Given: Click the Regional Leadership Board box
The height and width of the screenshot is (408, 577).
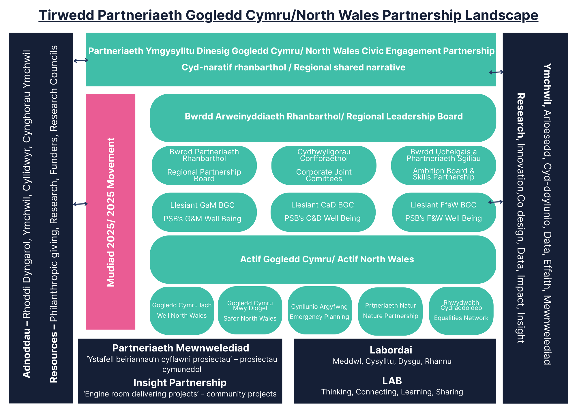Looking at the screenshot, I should [x=323, y=118].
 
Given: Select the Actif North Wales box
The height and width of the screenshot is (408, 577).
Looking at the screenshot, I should [x=323, y=259].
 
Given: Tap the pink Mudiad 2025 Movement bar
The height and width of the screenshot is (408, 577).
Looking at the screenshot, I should [x=110, y=212].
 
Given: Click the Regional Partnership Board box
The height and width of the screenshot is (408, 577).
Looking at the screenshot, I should [x=204, y=165].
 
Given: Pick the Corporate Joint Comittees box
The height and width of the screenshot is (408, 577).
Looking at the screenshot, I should [x=324, y=165].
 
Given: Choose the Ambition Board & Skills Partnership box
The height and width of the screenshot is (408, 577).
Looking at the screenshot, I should [x=443, y=165].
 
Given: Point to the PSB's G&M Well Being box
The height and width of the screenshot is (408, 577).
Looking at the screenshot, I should [x=204, y=212].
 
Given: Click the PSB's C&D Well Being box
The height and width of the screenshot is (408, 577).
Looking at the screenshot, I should [x=323, y=212].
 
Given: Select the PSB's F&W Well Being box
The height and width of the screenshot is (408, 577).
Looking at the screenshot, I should [x=444, y=212].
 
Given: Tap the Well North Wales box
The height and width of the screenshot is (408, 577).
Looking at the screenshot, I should [x=182, y=311].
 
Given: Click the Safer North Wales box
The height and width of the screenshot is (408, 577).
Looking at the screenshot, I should [x=250, y=310].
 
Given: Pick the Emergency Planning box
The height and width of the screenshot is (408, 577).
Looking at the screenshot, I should [x=320, y=310].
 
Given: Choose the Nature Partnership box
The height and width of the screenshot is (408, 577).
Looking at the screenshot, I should [x=390, y=311].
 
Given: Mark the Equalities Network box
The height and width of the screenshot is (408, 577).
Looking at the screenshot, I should [x=461, y=311].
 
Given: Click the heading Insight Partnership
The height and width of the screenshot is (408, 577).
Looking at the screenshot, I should [x=180, y=383].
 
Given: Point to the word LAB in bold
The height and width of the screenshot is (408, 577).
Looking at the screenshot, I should [x=392, y=381].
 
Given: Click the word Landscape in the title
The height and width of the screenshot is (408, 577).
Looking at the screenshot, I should [x=501, y=15].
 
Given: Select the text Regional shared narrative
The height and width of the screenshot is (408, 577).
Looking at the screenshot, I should [x=349, y=68].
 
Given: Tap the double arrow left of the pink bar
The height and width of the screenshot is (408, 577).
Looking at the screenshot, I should [x=80, y=204].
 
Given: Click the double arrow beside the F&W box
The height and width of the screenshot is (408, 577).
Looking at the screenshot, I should [x=495, y=202].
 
